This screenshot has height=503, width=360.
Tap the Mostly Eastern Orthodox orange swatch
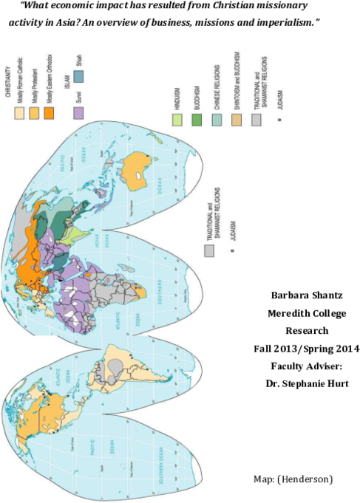tap(49, 113)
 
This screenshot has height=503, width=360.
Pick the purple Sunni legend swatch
tap(78, 113)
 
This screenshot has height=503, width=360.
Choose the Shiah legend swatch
tap(78, 75)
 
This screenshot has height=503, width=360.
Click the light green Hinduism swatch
tap(177, 120)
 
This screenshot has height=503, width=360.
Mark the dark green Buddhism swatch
tap(197, 120)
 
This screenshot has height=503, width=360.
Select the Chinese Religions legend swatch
tap(217, 120)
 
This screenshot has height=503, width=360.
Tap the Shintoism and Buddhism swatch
tap(237, 120)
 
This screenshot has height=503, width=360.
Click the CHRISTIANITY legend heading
tap(7, 81)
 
